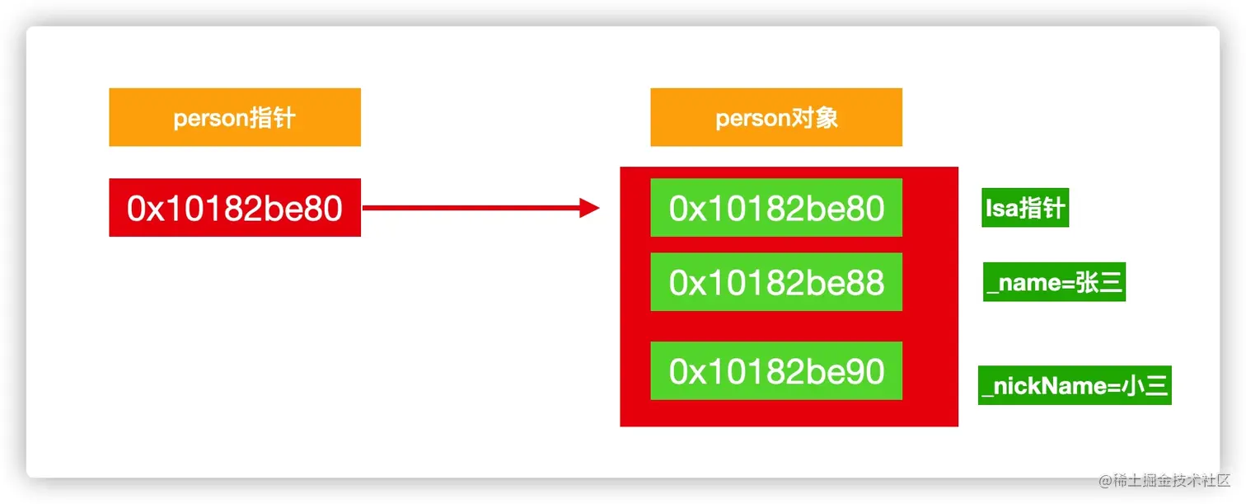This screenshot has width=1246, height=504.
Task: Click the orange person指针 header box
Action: [x=235, y=117]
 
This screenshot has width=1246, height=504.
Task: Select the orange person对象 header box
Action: [x=776, y=117]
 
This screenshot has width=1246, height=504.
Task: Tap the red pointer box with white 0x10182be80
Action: [x=235, y=208]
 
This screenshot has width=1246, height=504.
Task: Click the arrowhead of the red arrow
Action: [x=589, y=208]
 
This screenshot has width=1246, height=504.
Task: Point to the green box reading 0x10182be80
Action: [x=776, y=208]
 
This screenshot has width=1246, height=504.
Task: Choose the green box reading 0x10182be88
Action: [x=776, y=282]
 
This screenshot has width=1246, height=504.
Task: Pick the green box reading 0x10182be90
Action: [x=776, y=371]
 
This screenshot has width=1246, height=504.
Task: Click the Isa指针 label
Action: [x=1025, y=208]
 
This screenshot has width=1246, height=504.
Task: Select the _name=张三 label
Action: [x=1054, y=283]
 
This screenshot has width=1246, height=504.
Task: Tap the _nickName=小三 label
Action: [x=1075, y=385]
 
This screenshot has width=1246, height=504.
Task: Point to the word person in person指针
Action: [x=210, y=118]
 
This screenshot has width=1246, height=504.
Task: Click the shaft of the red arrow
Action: [x=470, y=208]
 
